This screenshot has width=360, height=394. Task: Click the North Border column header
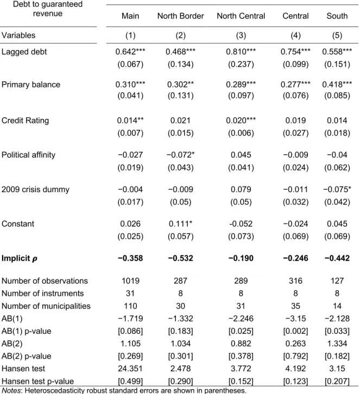[180, 16]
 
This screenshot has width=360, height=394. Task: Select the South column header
[337, 16]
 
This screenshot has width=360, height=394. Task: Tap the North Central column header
[241, 16]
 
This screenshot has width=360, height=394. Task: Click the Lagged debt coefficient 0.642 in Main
[130, 52]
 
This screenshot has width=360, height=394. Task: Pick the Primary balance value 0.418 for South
[337, 84]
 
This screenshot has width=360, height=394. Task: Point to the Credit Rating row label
[25, 120]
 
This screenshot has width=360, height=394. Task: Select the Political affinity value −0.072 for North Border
[180, 155]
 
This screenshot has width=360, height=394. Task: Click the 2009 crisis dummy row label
[35, 189]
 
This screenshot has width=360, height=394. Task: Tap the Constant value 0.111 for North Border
[180, 224]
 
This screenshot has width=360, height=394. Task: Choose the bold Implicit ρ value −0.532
[180, 258]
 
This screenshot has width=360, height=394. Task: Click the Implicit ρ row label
[20, 258]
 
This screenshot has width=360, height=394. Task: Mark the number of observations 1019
[130, 281]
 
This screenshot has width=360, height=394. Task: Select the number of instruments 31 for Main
[130, 293]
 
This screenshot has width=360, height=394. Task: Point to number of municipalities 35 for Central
[295, 306]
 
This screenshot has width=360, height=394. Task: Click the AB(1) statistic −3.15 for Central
[295, 319]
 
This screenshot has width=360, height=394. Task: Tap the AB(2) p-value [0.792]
[295, 356]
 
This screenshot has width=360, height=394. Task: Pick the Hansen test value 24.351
[130, 368]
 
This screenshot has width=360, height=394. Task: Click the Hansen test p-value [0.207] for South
[337, 381]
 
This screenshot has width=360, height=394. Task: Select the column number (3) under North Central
[241, 35]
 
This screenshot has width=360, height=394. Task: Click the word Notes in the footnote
[11, 391]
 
